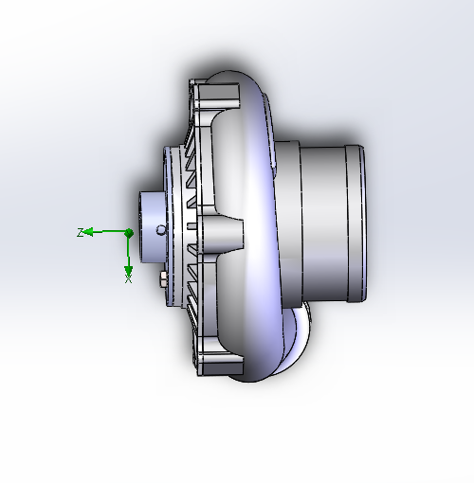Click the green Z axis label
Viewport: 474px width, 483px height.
81,233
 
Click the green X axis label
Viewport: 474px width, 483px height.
128,279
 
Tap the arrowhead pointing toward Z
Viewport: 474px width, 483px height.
89,232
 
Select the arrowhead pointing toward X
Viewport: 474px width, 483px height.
128,271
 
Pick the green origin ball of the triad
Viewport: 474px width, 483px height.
129,233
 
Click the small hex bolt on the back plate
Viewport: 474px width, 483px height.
163,279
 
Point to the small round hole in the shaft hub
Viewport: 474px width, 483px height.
161,229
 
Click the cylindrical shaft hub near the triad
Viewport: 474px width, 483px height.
152,227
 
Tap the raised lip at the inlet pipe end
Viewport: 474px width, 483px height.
356,224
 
